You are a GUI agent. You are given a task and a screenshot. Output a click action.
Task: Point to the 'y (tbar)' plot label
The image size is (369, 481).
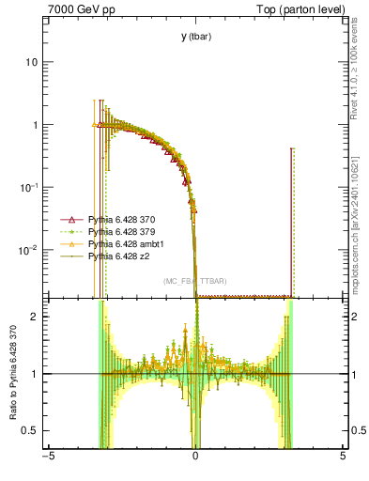point(195,37)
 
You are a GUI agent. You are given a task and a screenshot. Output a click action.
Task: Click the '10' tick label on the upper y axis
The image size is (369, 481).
point(31,62)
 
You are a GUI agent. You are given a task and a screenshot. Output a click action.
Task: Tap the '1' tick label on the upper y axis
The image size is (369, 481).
point(34,125)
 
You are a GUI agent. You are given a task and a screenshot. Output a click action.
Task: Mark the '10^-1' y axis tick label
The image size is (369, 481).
point(29,187)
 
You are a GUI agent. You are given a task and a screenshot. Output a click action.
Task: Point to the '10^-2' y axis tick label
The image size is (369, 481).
point(29,250)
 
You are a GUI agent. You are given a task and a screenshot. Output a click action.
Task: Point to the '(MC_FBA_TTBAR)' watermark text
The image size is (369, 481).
point(194,282)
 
